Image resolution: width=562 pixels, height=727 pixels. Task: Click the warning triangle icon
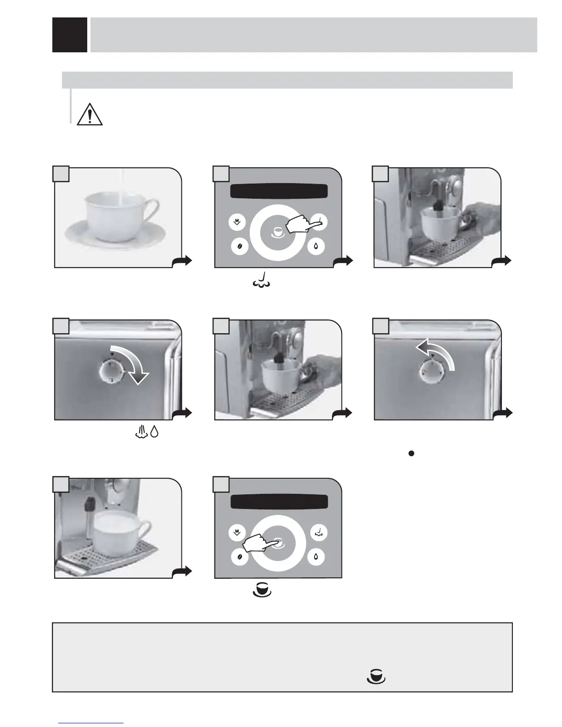tap(90, 115)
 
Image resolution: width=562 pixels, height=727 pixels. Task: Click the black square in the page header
tap(70, 35)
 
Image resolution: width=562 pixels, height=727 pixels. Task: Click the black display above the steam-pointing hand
tap(279, 191)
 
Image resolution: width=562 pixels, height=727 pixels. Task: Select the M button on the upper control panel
tap(237, 223)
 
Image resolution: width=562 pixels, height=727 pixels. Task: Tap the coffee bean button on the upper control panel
tap(239, 246)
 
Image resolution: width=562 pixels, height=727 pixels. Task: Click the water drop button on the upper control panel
tap(316, 246)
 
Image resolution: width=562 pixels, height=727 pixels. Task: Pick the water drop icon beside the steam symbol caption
tap(154, 432)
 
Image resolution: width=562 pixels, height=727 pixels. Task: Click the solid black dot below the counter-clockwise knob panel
tap(411, 453)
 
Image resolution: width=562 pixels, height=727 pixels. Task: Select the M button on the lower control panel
tap(237, 533)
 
